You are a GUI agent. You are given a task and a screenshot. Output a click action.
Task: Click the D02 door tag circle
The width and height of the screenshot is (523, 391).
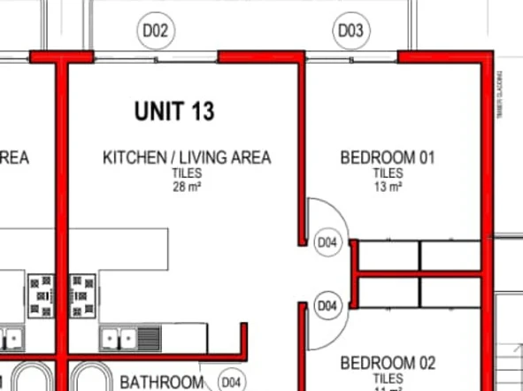click(x=156, y=32)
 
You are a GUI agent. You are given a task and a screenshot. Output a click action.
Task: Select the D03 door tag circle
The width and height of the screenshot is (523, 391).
click(x=350, y=32)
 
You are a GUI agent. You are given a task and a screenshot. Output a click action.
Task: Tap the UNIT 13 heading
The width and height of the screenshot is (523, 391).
click(x=174, y=111)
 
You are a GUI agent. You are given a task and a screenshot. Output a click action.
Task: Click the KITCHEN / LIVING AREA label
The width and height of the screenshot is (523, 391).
click(x=187, y=158)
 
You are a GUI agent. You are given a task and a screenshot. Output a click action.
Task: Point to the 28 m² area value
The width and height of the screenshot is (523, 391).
click(x=187, y=187)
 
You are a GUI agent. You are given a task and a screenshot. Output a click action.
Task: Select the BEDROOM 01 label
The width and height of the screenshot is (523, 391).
click(x=388, y=158)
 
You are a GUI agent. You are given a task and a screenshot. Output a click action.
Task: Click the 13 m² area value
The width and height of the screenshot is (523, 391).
click(x=388, y=187)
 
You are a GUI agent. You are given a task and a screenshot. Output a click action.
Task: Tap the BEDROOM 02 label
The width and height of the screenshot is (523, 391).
click(x=388, y=363)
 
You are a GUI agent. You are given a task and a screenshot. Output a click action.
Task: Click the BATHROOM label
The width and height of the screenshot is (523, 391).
click(x=162, y=382)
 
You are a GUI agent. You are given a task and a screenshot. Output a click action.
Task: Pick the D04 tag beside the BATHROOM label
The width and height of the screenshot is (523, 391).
click(x=231, y=381)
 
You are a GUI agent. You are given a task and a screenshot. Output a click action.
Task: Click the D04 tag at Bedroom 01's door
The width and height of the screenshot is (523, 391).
click(x=328, y=242)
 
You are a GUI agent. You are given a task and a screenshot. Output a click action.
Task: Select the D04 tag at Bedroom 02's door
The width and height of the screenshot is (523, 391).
click(x=328, y=306)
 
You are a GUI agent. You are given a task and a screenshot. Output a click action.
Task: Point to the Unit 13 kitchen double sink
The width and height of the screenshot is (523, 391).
click(x=119, y=337)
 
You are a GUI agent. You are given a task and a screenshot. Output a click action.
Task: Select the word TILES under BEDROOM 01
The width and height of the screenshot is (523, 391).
click(x=388, y=174)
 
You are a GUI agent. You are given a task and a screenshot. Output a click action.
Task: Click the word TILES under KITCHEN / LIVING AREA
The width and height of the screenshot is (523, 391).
click(x=187, y=174)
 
